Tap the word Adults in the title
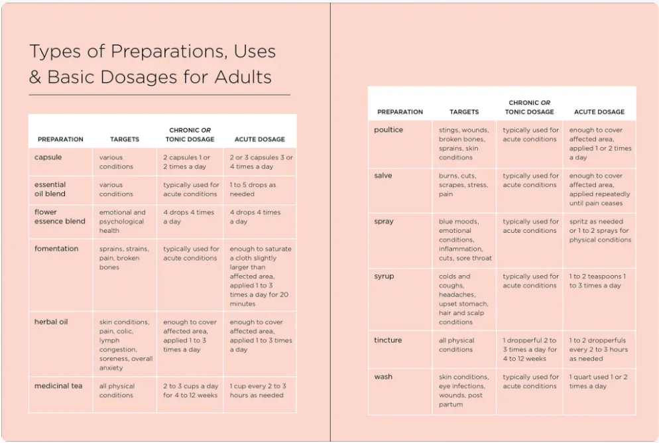(243, 77)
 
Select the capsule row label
(48, 158)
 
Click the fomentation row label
(56, 249)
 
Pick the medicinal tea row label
(58, 386)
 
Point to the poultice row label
(389, 130)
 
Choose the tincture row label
(388, 340)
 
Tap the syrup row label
(384, 277)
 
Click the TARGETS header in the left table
(125, 139)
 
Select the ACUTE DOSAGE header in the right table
(599, 112)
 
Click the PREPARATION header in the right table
(400, 112)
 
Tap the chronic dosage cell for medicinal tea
(190, 391)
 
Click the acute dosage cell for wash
(598, 381)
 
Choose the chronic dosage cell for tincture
(530, 349)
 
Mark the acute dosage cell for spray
(599, 231)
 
